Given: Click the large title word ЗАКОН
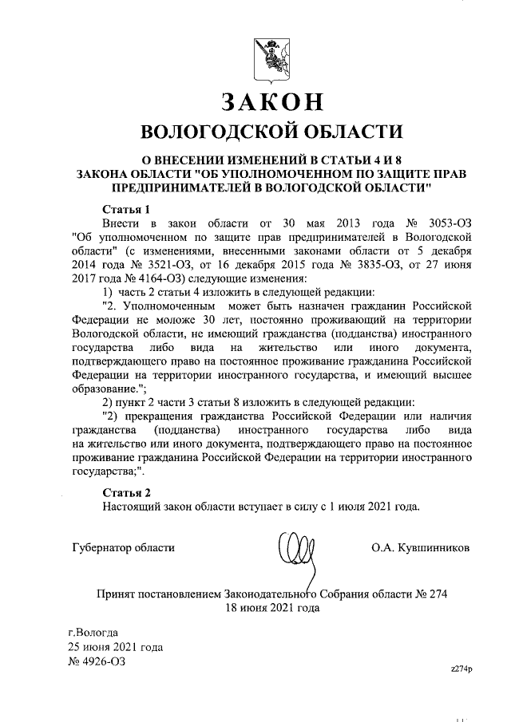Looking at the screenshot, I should [271, 101].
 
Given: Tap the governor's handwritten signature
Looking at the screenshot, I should [291, 550].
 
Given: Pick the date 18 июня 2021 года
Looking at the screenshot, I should [271, 607].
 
